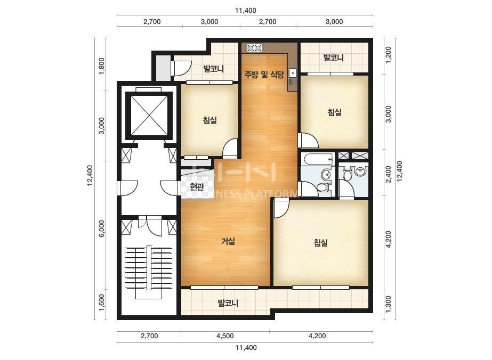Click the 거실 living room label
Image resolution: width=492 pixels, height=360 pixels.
tap(228, 241)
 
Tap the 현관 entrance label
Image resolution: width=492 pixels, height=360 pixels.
tap(197, 187)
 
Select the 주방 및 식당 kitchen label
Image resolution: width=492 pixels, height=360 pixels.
tap(264, 75)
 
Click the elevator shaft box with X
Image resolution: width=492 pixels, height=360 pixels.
tap(149, 116)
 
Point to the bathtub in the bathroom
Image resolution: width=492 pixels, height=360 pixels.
tap(318, 159)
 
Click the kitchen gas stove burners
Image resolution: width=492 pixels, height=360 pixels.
tap(254, 48)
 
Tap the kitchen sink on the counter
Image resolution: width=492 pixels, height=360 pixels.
tap(293, 73)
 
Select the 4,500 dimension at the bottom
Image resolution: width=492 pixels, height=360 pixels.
tap(225, 336)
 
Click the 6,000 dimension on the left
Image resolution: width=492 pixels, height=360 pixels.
tap(101, 228)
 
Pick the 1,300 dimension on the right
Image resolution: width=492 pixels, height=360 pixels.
tap(389, 304)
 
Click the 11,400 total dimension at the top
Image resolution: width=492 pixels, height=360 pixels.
tap(246, 10)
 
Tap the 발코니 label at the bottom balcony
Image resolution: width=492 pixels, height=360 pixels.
tap(229, 303)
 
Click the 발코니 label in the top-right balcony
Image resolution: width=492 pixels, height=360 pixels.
tap(334, 58)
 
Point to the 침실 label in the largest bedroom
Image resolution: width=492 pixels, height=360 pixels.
tap(321, 242)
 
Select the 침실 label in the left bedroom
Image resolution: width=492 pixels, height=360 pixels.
tap(210, 120)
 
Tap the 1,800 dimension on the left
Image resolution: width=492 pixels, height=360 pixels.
tap(101, 67)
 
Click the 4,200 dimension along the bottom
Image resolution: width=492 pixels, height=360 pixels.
tap(317, 336)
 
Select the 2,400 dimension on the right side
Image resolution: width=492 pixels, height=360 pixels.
tap(389, 174)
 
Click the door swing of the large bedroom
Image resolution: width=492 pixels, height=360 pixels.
tap(281, 209)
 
